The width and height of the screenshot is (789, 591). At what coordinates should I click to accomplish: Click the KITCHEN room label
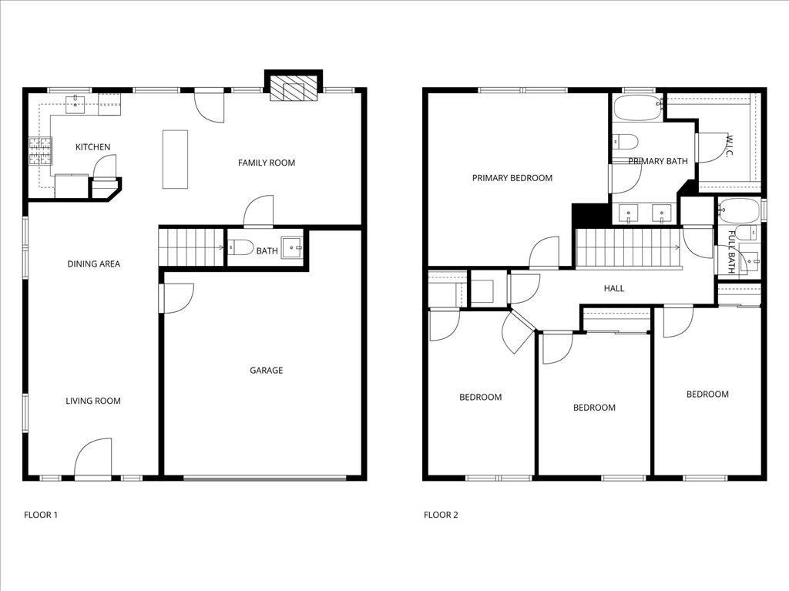[92, 147]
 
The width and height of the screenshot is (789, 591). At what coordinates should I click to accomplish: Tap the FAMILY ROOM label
[266, 163]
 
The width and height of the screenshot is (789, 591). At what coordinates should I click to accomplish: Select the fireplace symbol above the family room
[293, 89]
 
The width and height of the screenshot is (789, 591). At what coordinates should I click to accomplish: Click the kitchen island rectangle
[175, 159]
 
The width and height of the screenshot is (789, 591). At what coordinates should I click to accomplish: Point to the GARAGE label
[266, 371]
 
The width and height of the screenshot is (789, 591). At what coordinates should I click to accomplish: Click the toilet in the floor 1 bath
[241, 248]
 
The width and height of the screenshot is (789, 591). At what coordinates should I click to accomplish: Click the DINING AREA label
[93, 264]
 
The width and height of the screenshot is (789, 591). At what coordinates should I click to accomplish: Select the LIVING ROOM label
[92, 401]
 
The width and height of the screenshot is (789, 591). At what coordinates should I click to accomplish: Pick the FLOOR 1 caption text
[41, 515]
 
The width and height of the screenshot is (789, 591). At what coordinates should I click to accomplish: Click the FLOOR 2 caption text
[441, 515]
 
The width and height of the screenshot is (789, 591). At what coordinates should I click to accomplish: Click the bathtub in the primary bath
[637, 108]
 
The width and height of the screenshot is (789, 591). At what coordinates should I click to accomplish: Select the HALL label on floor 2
[614, 289]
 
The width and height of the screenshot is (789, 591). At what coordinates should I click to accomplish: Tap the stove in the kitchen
[40, 151]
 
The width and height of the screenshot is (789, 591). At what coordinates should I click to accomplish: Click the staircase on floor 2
[628, 247]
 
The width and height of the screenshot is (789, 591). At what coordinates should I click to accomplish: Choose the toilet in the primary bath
[625, 142]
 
